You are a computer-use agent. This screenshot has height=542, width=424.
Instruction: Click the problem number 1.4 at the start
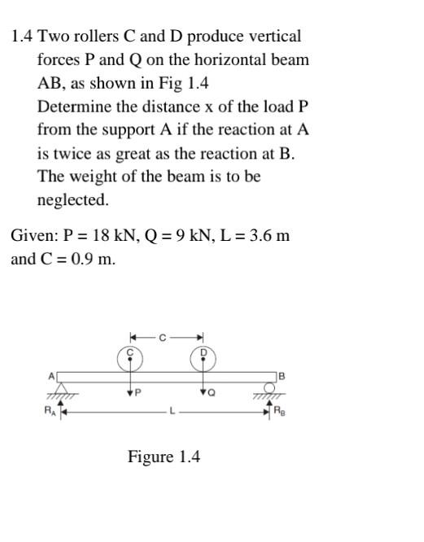pos(22,37)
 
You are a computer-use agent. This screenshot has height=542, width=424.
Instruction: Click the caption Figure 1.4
pos(164,457)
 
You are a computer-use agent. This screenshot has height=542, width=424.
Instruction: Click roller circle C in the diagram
pos(129,355)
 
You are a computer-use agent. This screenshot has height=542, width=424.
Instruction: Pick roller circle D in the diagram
pos(203,355)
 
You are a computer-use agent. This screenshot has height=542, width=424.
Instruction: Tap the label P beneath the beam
pos(138,392)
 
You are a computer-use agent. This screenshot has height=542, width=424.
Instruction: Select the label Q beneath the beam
pos(212,393)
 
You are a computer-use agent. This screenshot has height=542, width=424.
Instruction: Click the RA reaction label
pos(50,411)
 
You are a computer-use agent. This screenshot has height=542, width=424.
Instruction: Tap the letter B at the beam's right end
pos(282,375)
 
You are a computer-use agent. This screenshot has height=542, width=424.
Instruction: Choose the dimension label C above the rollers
pos(163,337)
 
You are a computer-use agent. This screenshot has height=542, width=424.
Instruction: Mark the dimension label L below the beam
pos(172,412)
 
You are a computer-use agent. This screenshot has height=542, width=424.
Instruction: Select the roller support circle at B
pos(269,387)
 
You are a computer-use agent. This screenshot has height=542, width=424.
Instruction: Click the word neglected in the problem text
pos(72,200)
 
